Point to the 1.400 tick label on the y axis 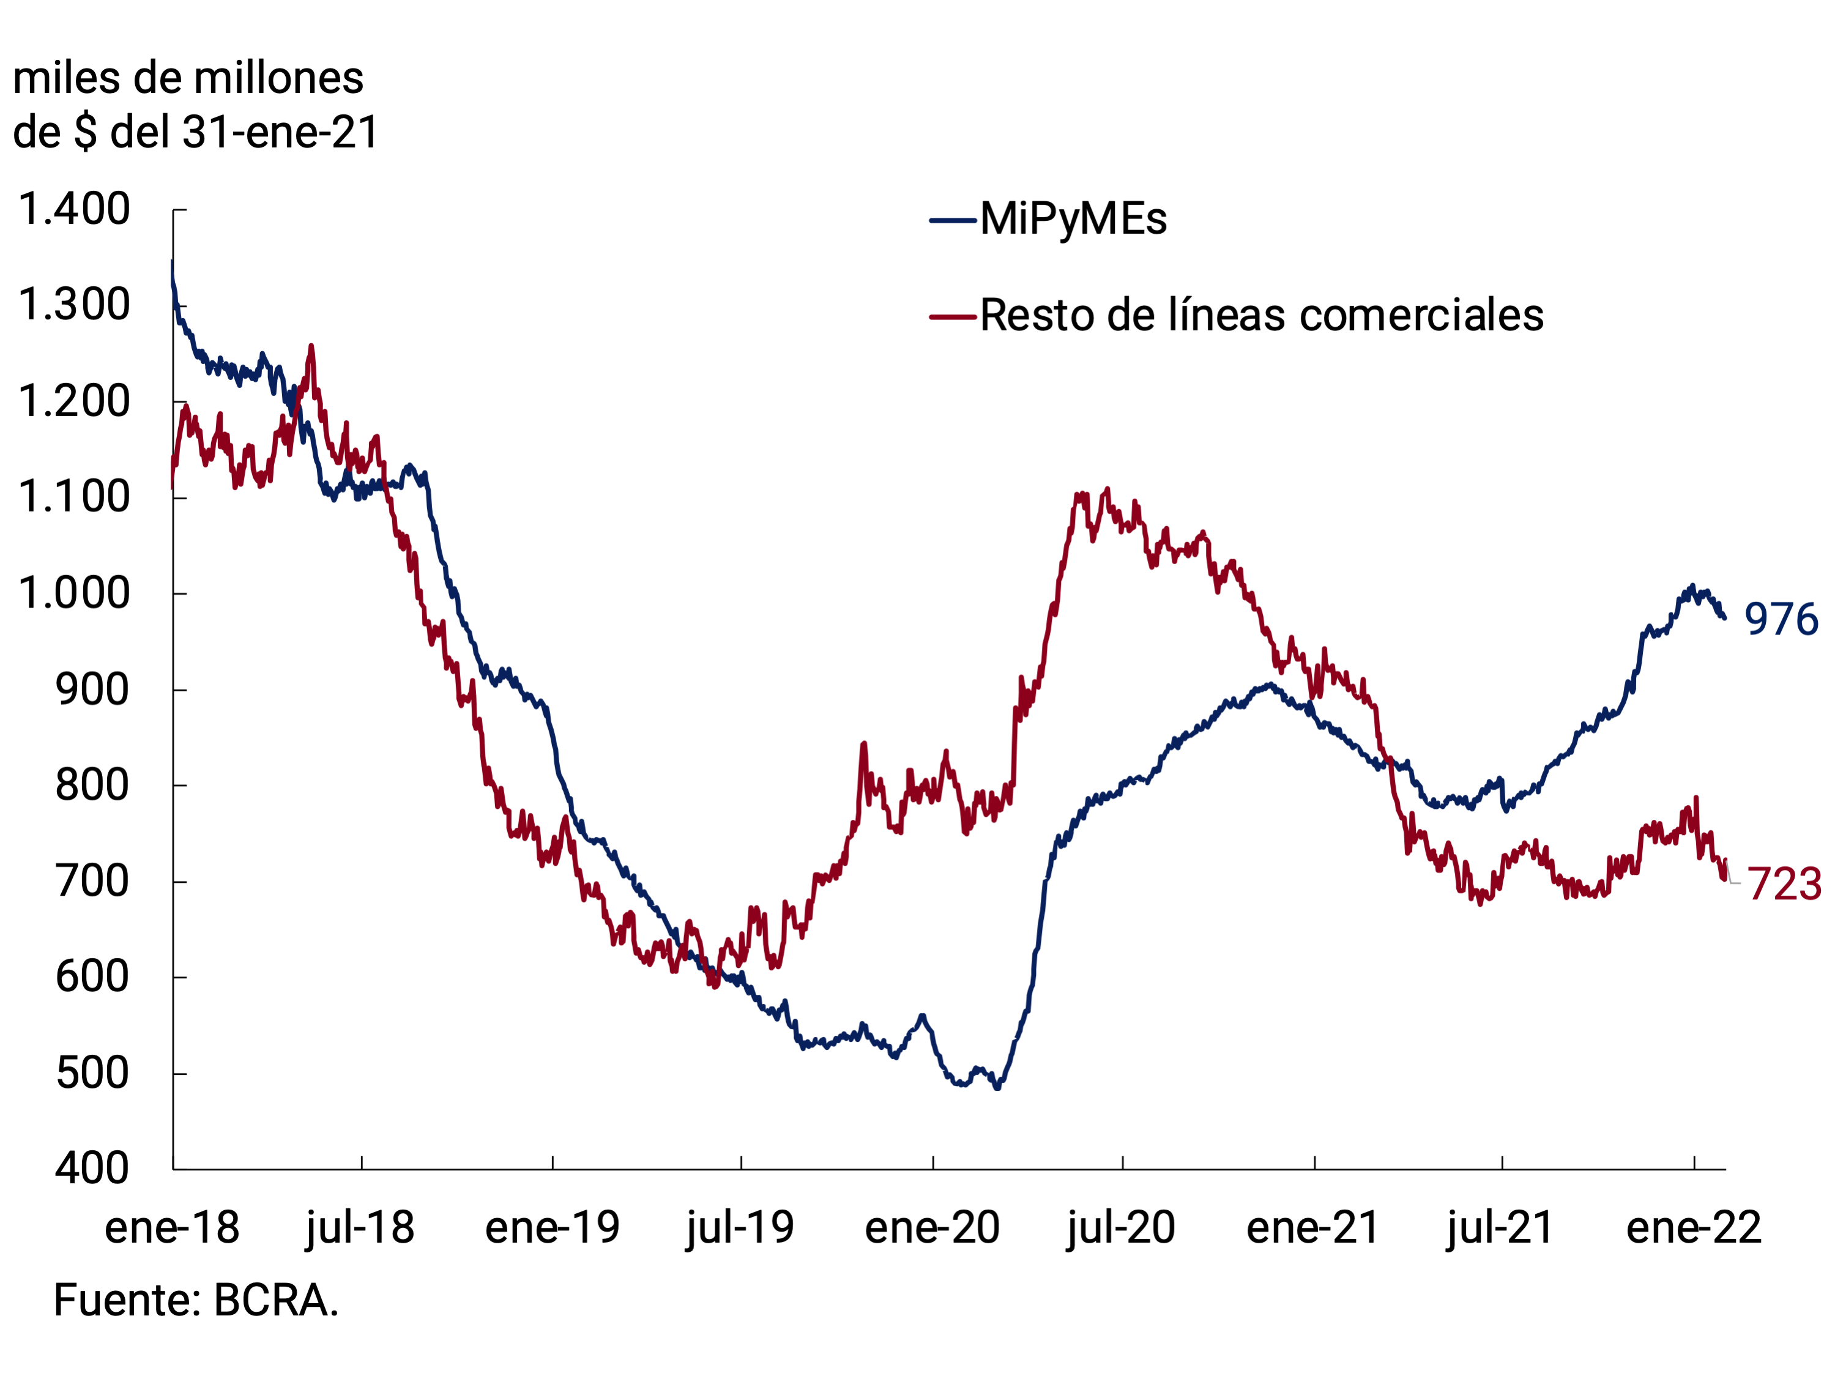(75, 209)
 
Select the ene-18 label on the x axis (172, 1227)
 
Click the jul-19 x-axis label (740, 1227)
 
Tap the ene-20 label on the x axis (932, 1227)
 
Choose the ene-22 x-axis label (1694, 1227)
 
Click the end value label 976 (1781, 620)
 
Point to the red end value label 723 (1784, 884)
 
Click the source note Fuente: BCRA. (196, 1301)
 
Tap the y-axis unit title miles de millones (188, 79)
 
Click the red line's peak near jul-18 (311, 347)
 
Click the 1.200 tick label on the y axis (75, 401)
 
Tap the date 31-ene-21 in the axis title (280, 133)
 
